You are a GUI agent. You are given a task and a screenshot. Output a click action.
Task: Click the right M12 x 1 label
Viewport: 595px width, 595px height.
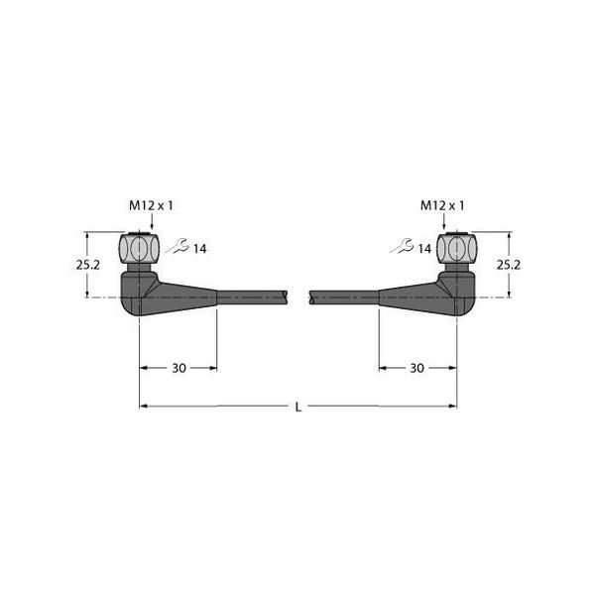pyautogui.click(x=442, y=205)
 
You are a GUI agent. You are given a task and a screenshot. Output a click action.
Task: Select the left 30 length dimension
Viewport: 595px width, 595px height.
pyautogui.click(x=178, y=368)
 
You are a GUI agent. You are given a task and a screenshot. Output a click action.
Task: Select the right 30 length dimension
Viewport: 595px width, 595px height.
pyautogui.click(x=416, y=368)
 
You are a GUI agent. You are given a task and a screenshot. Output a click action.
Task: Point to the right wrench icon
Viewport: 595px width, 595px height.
pyautogui.click(x=402, y=248)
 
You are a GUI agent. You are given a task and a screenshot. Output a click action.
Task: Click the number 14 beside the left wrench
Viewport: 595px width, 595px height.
pyautogui.click(x=199, y=249)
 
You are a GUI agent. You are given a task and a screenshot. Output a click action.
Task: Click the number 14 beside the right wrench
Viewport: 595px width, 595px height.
pyautogui.click(x=424, y=249)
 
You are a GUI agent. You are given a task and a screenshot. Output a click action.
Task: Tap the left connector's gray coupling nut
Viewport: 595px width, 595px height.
pyautogui.click(x=139, y=246)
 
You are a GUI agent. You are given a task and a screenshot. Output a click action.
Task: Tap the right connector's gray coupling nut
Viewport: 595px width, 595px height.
pyautogui.click(x=456, y=246)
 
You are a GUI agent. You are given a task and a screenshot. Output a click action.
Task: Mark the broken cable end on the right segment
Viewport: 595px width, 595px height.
pyautogui.click(x=311, y=296)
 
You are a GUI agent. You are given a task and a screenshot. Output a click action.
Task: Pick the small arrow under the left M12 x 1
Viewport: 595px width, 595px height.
pyautogui.click(x=139, y=224)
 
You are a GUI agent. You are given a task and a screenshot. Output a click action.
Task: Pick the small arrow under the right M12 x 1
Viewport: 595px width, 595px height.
pyautogui.click(x=456, y=224)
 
